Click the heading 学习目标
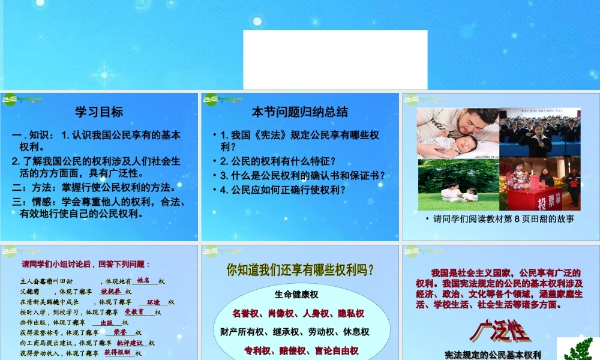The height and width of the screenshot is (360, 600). click(99, 112)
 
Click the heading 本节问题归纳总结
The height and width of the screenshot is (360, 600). click(299, 112)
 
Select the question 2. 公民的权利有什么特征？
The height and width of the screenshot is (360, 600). click(278, 161)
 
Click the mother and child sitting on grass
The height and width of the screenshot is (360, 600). click(460, 193)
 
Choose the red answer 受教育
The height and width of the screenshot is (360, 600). click(134, 312)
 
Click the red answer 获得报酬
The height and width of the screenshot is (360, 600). click(118, 353)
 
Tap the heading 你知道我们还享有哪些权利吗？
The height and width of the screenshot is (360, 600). click(300, 271)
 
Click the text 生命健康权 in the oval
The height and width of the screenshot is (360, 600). click(296, 295)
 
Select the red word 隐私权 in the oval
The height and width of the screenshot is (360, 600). click(350, 313)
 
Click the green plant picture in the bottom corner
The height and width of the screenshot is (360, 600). click(577, 349)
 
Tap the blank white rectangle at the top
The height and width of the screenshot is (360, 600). click(335, 59)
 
